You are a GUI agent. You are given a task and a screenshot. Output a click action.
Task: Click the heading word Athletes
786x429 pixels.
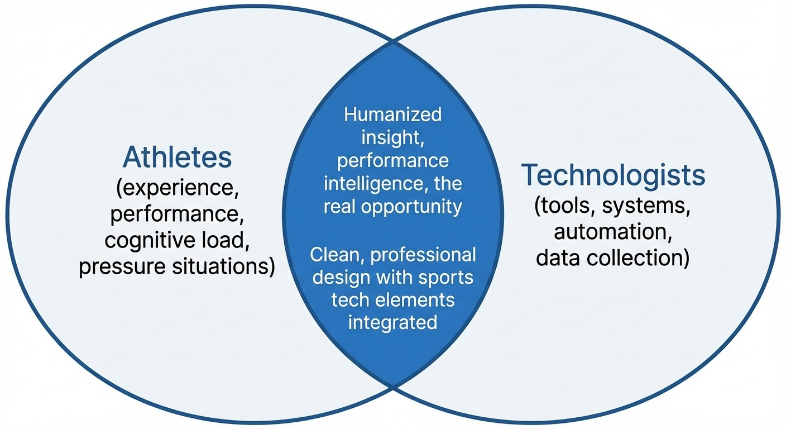click(x=177, y=158)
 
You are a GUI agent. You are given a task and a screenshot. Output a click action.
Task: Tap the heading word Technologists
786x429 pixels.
click(x=613, y=175)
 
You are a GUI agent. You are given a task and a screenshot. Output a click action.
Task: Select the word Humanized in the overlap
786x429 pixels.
click(x=393, y=115)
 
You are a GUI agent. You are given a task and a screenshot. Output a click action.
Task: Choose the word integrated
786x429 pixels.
click(x=392, y=322)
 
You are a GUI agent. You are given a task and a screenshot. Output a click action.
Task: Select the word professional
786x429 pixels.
click(x=423, y=255)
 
